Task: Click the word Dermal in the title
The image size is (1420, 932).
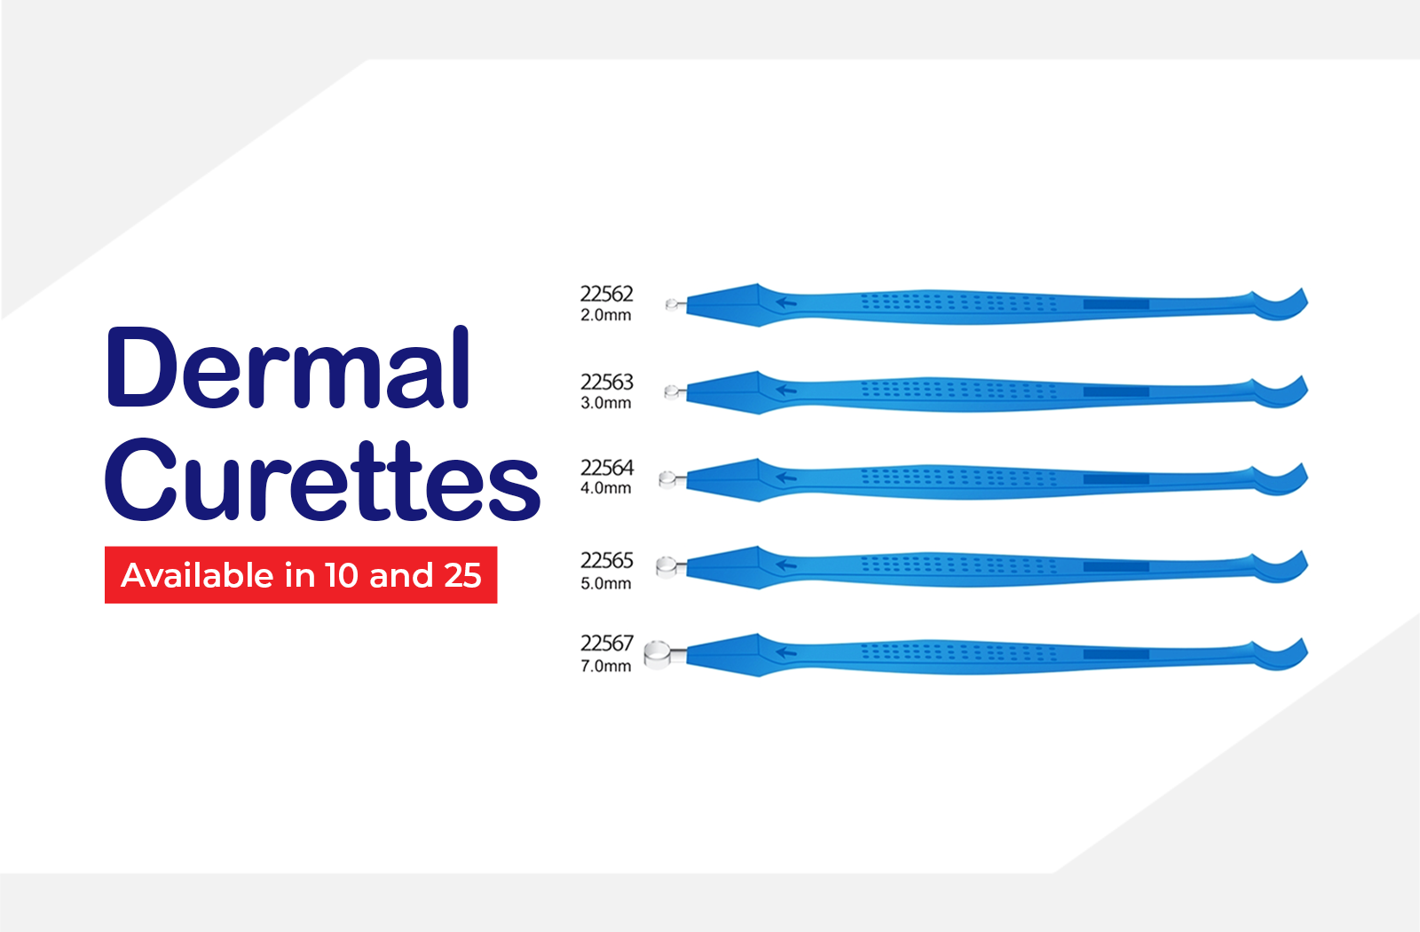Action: (x=288, y=367)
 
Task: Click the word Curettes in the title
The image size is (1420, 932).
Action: (x=323, y=479)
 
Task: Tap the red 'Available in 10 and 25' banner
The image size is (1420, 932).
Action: (x=301, y=575)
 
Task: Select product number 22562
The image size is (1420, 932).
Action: (x=607, y=294)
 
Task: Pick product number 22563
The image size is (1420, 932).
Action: (x=607, y=382)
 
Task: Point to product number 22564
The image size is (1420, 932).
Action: (x=607, y=467)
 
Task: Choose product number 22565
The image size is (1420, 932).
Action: (x=607, y=560)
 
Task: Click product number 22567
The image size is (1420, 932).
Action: (x=607, y=644)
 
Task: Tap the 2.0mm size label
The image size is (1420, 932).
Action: (x=605, y=315)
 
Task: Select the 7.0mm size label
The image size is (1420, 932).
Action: (x=605, y=667)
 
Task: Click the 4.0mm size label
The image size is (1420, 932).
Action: (x=605, y=488)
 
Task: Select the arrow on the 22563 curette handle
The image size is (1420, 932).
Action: (x=786, y=390)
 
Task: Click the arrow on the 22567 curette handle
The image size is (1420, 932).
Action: (x=786, y=652)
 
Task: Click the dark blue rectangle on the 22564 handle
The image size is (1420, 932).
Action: (x=1116, y=480)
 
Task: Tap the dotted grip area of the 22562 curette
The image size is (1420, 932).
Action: (x=958, y=302)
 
